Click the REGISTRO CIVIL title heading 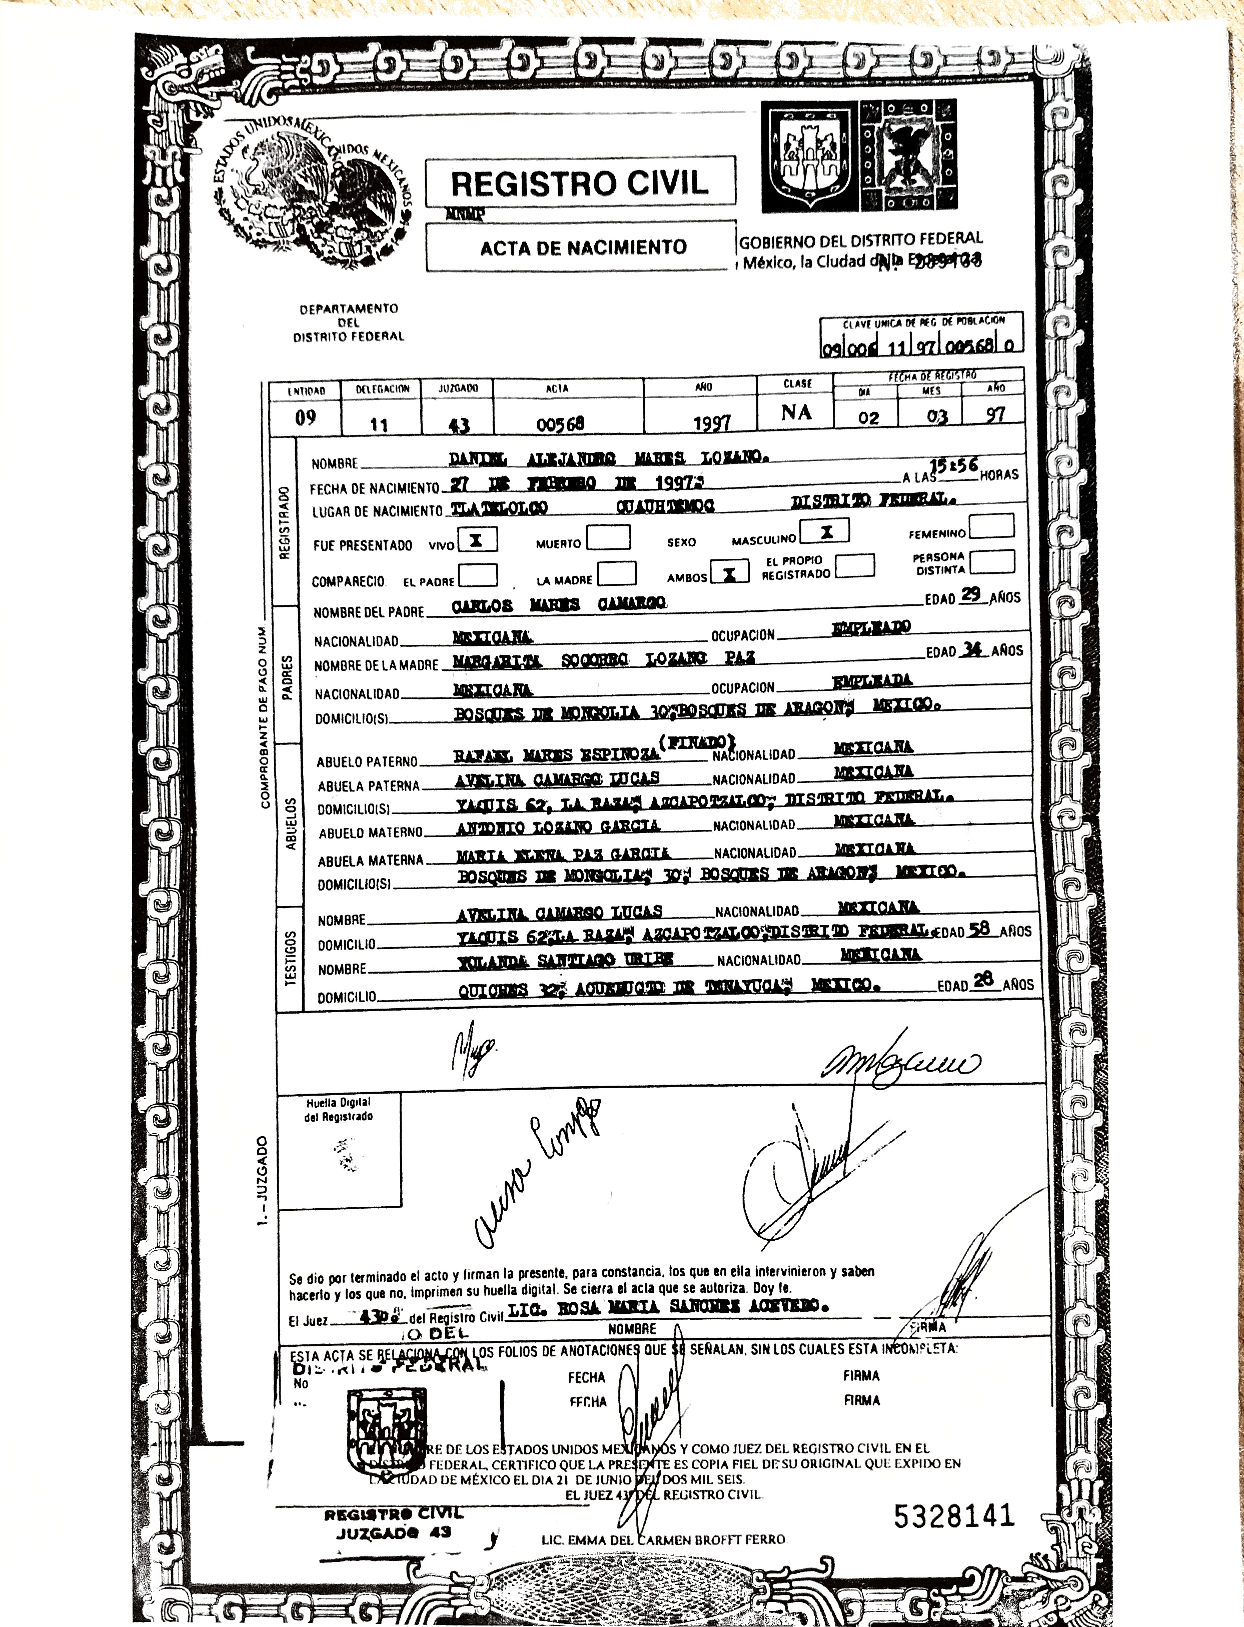(x=580, y=182)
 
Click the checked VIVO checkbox (x=477, y=540)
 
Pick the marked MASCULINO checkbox (x=826, y=531)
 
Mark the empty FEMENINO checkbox (x=991, y=526)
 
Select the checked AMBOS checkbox (x=729, y=572)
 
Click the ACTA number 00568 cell (x=561, y=423)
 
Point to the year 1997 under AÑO (x=712, y=422)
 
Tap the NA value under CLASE (x=796, y=412)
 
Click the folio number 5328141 (x=954, y=1516)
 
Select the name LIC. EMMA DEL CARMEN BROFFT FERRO (x=663, y=1539)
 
